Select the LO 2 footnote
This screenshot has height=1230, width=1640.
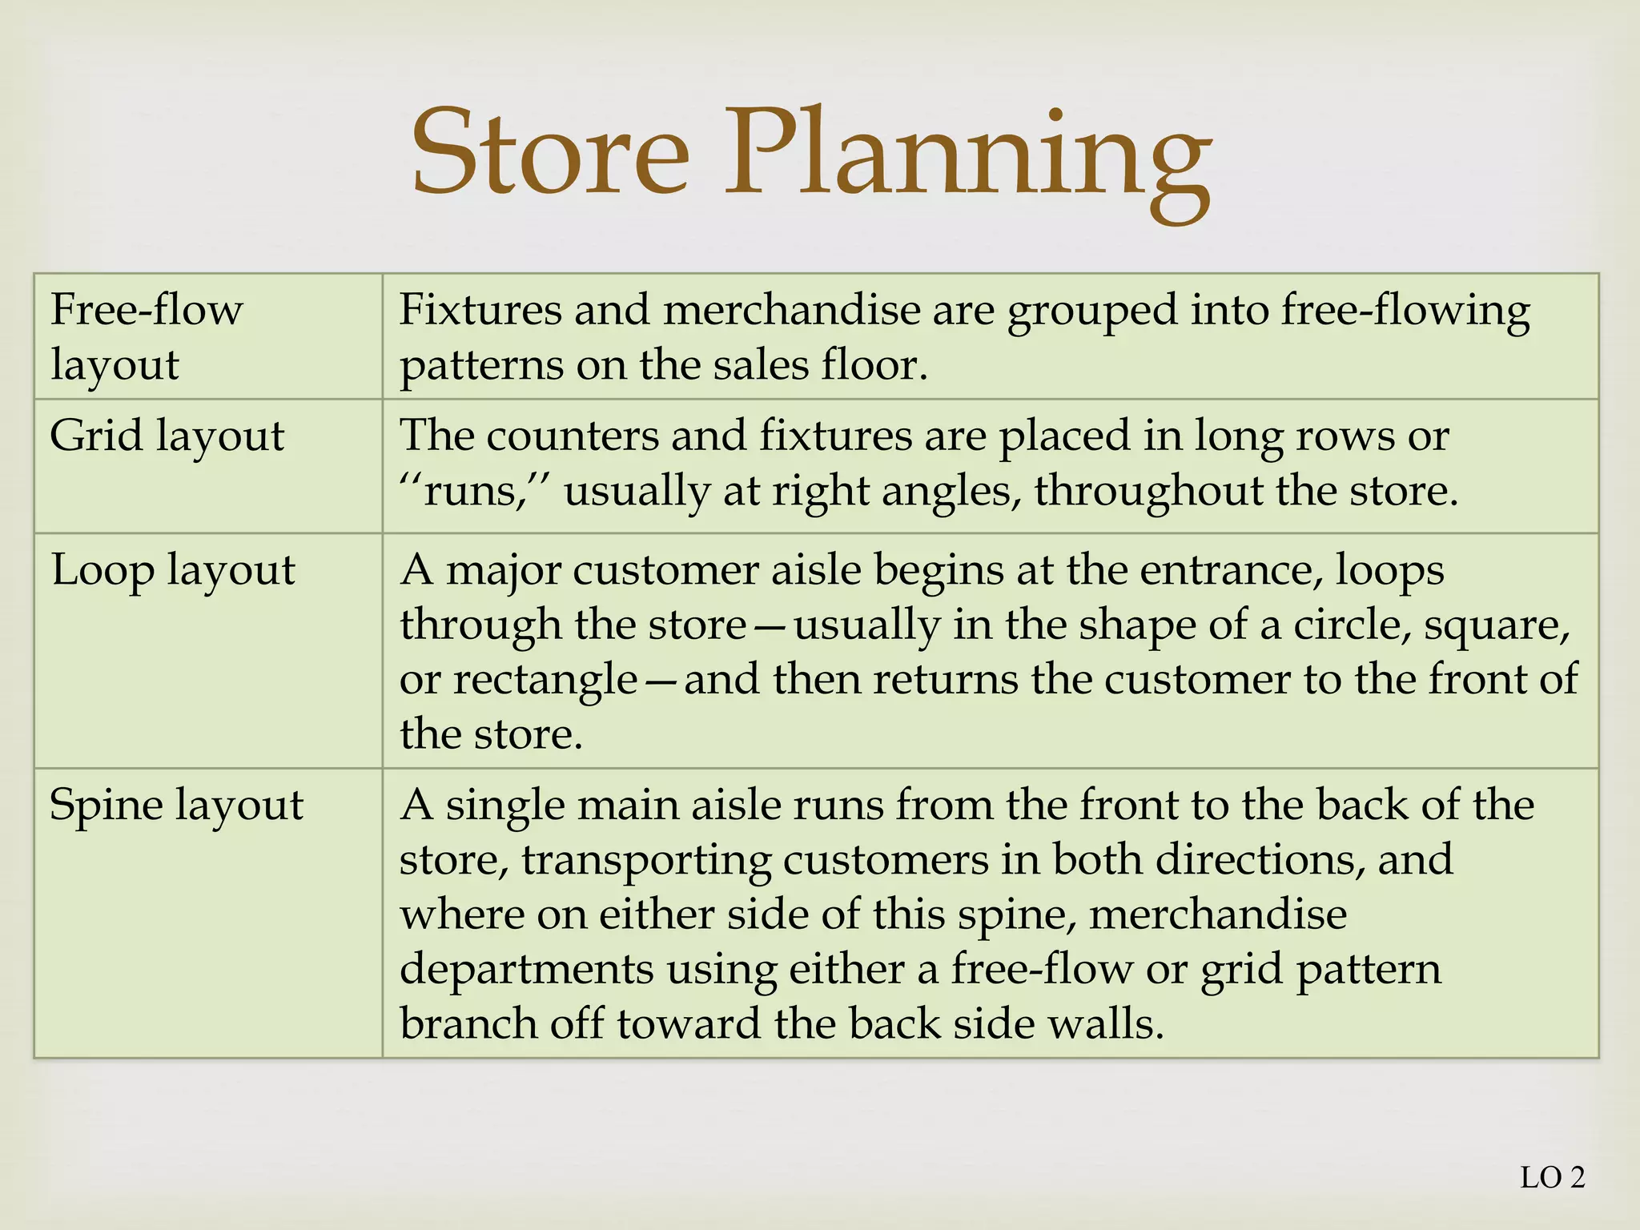(1552, 1178)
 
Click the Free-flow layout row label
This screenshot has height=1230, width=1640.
(146, 336)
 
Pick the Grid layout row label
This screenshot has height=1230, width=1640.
(167, 436)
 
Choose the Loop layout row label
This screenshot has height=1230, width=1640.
(173, 570)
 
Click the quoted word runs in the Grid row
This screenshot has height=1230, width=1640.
(471, 491)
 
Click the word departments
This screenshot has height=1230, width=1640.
(526, 970)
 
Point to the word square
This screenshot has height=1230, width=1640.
(1496, 626)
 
